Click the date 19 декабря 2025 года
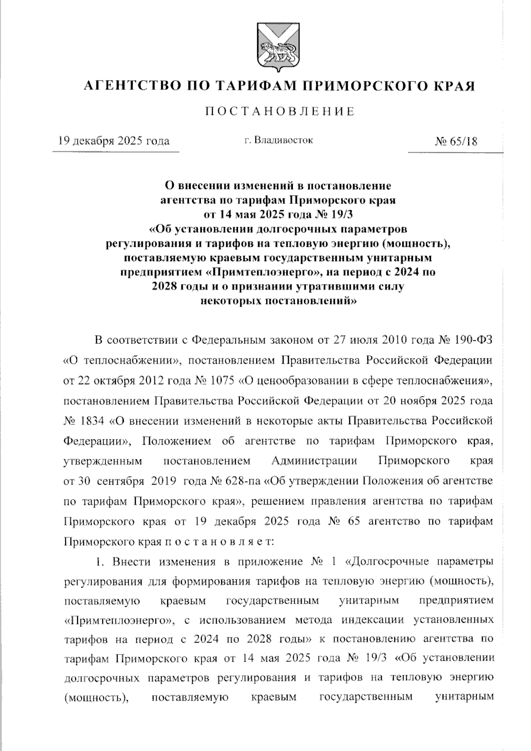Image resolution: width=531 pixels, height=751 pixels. coord(114,141)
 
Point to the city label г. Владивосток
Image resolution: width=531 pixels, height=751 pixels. coord(278,141)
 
